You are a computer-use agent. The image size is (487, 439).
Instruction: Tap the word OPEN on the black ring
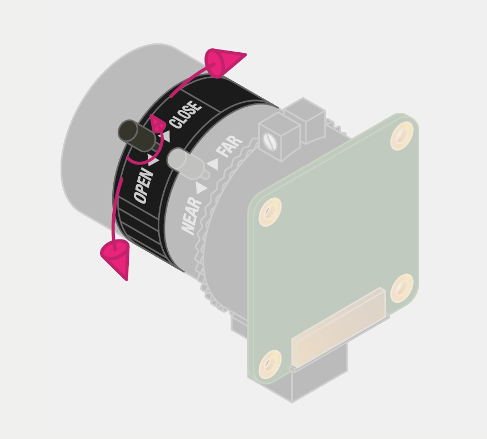pos(144,186)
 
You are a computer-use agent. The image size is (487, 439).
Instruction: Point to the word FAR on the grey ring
pos(229,146)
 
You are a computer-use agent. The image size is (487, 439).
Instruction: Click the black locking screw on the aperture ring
pos(137,136)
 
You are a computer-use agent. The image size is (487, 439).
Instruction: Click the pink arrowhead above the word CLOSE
pos(224,62)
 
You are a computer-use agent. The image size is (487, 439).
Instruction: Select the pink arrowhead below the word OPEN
pos(116,258)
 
